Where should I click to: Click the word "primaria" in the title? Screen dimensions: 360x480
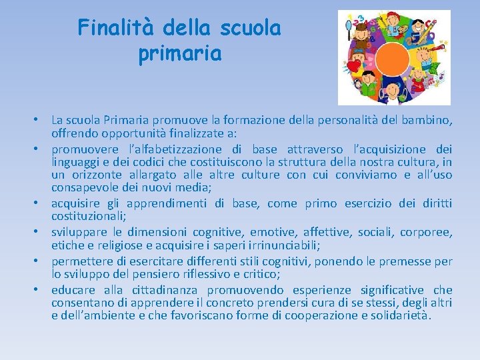pyautogui.click(x=179, y=54)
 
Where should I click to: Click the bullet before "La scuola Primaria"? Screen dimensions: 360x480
pyautogui.click(x=42, y=121)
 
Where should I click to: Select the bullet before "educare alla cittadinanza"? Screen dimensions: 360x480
pyautogui.click(x=42, y=290)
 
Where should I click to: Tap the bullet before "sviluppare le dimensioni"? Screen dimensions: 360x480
pyautogui.click(x=42, y=233)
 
